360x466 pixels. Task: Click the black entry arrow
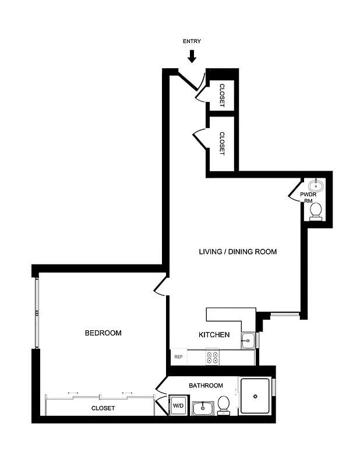tap(192, 56)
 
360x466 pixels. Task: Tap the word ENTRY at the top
tap(192, 41)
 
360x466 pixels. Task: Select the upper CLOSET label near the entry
tap(222, 94)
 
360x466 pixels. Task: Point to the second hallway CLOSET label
tap(222, 143)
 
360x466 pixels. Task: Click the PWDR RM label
tap(308, 197)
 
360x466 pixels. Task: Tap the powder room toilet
tap(316, 210)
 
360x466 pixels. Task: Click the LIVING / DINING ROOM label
tap(238, 252)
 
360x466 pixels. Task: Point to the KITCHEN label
tap(214, 335)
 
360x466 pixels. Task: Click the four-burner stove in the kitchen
tap(212, 357)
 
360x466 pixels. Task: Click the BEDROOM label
tap(103, 333)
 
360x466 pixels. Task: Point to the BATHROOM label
tap(206, 386)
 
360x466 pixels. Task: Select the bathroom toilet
tap(223, 405)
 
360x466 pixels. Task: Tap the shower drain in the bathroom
tap(255, 396)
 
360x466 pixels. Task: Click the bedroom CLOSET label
tap(103, 408)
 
